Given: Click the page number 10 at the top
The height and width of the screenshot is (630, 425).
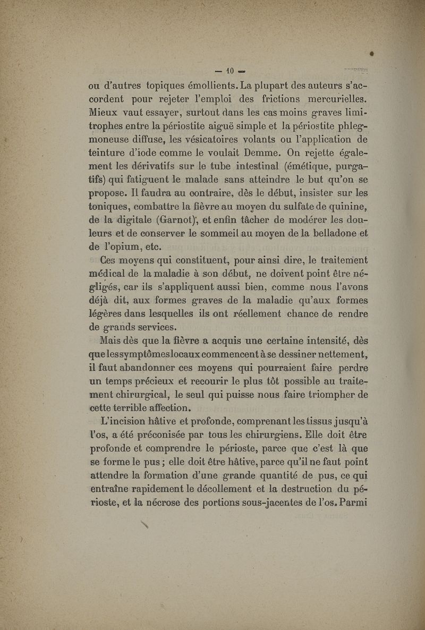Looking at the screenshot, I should click(225, 70).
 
